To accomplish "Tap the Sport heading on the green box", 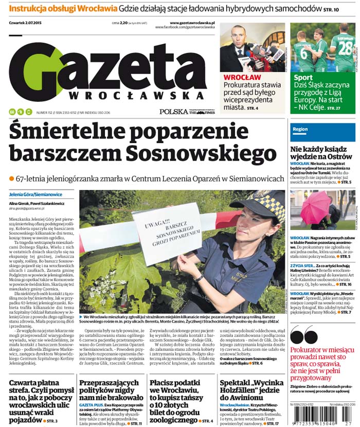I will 303,78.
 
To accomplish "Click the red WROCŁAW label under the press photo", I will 242,77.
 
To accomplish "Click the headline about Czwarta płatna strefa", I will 41,402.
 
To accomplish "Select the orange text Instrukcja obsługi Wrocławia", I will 63,9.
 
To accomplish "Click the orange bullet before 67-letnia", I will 11,178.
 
